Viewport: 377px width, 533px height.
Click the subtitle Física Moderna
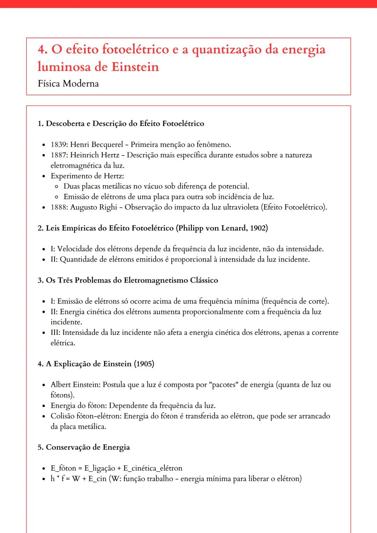tap(68, 84)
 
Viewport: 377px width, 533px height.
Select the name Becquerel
tap(107, 144)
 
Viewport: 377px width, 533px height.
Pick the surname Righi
tap(108, 207)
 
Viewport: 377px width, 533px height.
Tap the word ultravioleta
tap(241, 207)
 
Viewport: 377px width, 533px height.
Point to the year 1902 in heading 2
tap(259, 228)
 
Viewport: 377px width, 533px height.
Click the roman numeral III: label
tap(55, 332)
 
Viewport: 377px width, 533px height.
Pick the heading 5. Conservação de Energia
tap(84, 447)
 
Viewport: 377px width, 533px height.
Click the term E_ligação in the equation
tap(99, 468)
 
